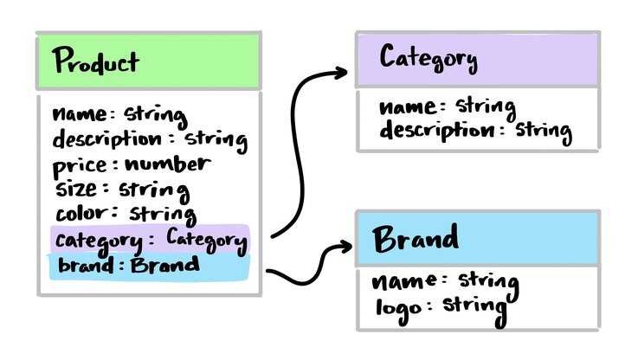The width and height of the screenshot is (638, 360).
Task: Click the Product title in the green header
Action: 95,62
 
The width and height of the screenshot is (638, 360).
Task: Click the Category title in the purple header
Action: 429,60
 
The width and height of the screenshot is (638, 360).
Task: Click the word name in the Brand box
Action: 402,282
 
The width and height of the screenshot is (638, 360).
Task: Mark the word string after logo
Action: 474,305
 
